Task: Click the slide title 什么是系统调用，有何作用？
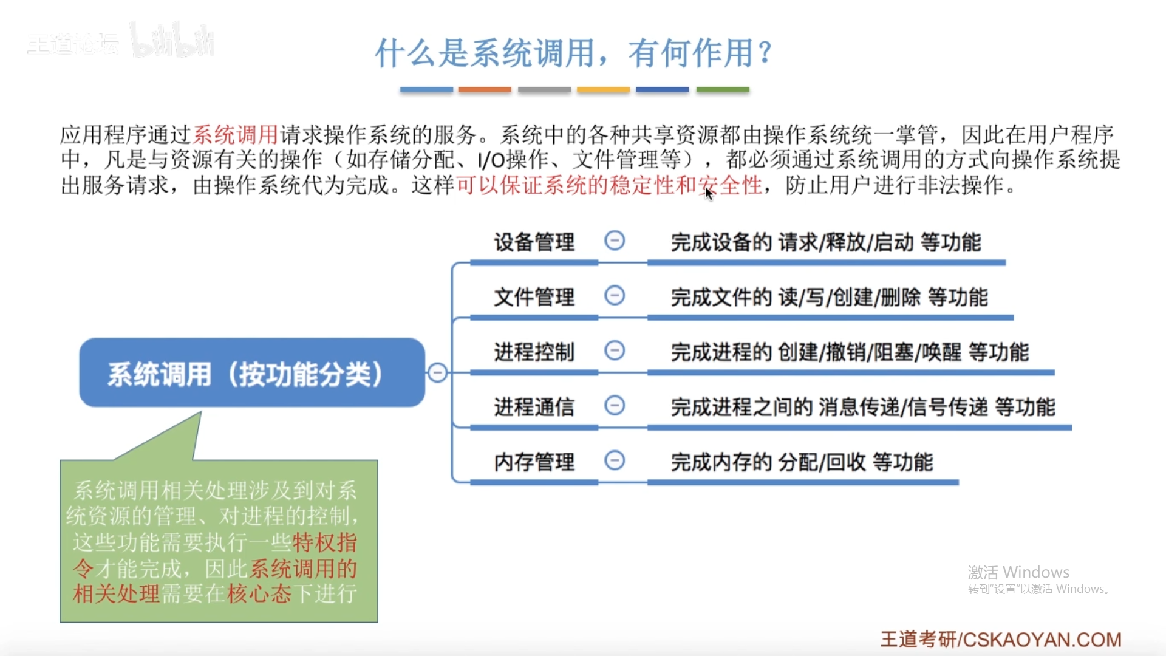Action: (573, 53)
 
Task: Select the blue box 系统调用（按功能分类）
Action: (251, 373)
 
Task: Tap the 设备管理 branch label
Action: (534, 242)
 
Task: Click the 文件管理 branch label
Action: (534, 297)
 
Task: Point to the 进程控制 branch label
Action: (534, 352)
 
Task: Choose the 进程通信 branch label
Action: (534, 406)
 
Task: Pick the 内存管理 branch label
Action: (534, 462)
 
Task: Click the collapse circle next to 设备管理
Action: (615, 241)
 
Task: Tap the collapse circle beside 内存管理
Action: (615, 460)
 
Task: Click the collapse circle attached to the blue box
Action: (437, 372)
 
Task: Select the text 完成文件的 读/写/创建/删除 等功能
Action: (829, 297)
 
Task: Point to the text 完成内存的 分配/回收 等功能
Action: (802, 462)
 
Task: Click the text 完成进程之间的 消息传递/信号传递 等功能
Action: (863, 406)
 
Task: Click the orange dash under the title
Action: (485, 90)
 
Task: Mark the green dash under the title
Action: (723, 90)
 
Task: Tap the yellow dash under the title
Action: (603, 90)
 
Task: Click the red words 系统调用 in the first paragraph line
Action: (235, 134)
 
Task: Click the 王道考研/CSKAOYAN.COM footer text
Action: (1001, 639)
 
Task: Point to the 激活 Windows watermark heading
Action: (1018, 572)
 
